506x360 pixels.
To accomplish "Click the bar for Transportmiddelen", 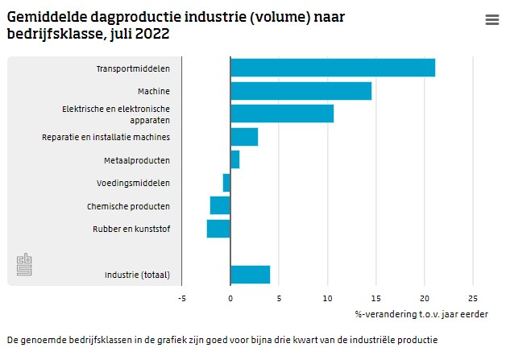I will [x=333, y=68].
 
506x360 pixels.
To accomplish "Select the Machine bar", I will [x=301, y=91].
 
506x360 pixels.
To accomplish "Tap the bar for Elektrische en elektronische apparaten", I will [x=282, y=114].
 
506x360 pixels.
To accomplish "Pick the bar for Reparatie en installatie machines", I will [x=244, y=137].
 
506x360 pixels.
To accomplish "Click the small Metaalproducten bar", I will [x=234, y=159].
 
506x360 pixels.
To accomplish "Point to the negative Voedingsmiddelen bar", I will [x=226, y=183].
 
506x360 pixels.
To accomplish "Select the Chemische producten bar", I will [x=220, y=205].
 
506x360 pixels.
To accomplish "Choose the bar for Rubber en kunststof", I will [x=218, y=229].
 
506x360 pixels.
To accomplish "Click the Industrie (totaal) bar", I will [x=250, y=275].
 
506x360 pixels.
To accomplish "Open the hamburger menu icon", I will [x=492, y=20].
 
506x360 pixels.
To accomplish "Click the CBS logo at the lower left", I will [x=25, y=265].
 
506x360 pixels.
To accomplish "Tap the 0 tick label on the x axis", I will [x=230, y=296].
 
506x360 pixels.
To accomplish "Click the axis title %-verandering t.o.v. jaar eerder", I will [x=421, y=313].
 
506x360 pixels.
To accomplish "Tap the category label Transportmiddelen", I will [x=133, y=68].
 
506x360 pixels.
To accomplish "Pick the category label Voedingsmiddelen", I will [x=136, y=183].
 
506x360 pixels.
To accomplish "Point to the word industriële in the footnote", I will [x=375, y=340].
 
